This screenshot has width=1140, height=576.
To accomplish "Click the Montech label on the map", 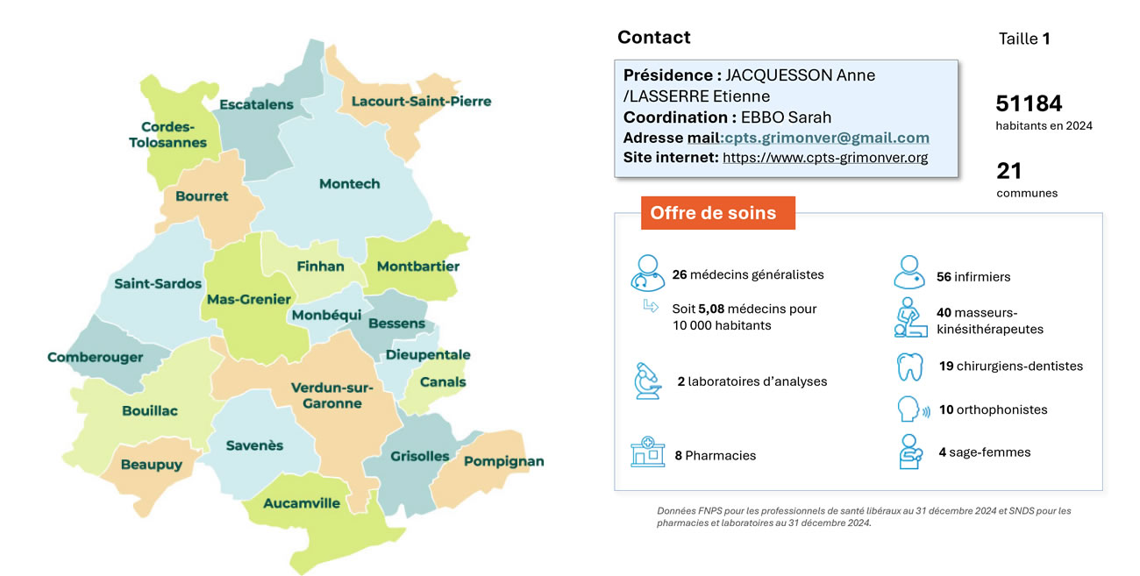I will click(x=350, y=184).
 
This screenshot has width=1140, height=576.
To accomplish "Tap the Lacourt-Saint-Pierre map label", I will click(x=421, y=102).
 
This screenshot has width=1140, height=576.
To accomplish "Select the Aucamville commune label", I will click(x=302, y=503).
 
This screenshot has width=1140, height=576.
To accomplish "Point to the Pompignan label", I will click(x=503, y=461).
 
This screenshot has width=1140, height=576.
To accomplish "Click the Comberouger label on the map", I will click(x=96, y=357).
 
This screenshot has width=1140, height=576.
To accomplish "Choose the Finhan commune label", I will click(x=320, y=266).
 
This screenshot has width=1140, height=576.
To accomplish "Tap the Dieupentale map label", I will click(x=428, y=355).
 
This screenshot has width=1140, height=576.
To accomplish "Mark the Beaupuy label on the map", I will click(x=152, y=465).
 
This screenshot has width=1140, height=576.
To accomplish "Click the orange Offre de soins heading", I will click(x=712, y=213).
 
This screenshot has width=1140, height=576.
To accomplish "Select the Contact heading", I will click(x=653, y=38).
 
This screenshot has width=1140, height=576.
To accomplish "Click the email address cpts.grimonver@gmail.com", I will click(x=826, y=138).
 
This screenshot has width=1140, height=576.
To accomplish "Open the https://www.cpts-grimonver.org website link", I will click(x=824, y=158).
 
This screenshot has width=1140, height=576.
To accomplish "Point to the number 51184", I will click(x=1029, y=103).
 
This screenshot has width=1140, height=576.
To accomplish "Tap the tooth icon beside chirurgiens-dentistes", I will click(x=909, y=366).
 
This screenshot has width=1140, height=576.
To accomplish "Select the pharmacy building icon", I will click(x=647, y=452).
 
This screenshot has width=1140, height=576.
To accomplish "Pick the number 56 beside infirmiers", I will click(x=944, y=277).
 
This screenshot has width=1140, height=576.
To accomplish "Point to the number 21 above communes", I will click(x=1009, y=170).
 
